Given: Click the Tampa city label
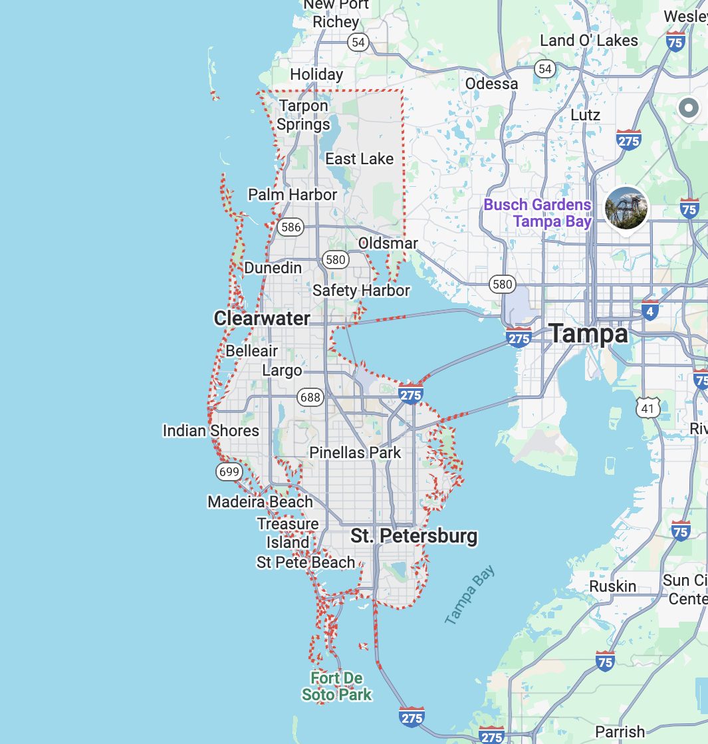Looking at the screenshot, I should click(588, 334).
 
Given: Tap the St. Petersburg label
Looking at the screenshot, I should click(413, 536).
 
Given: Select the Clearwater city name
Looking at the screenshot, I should click(262, 318).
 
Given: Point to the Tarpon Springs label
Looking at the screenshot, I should click(303, 115).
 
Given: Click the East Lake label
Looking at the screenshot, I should click(359, 159).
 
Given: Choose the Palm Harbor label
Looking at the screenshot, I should click(293, 195).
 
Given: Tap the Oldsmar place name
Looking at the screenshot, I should click(388, 243).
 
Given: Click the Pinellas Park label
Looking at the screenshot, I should click(355, 453).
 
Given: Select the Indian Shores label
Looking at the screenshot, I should click(211, 431).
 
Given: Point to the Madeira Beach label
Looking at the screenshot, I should click(260, 502).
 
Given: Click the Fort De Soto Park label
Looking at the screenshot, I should click(336, 687).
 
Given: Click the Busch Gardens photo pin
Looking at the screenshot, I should click(626, 207).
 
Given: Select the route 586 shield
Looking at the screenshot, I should click(291, 227).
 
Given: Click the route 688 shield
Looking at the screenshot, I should click(310, 398).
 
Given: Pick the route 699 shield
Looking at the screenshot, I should click(228, 472).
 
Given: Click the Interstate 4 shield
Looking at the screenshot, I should click(650, 310).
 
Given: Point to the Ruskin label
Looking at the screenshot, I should click(613, 586).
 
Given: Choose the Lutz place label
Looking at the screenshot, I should click(585, 115).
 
